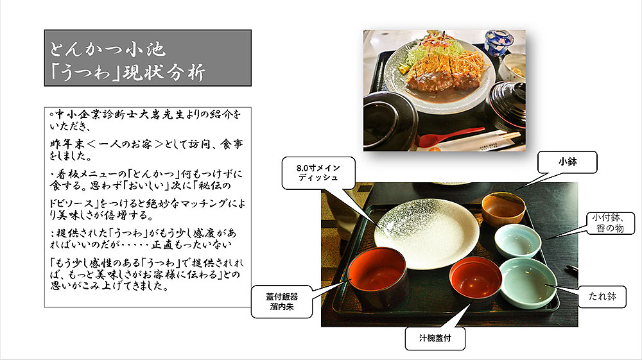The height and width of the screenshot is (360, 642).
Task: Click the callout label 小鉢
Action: (567, 162)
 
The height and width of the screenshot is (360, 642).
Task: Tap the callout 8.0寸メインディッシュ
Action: (318, 173)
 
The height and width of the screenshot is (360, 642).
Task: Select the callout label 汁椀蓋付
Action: (435, 338)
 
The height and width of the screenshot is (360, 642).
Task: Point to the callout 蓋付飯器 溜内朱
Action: (282, 302)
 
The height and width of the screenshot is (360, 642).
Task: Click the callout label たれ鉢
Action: (602, 296)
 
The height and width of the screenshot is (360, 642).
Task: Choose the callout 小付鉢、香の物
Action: (610, 223)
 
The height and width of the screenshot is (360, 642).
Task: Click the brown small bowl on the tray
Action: (503, 209)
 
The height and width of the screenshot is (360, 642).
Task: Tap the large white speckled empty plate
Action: (427, 234)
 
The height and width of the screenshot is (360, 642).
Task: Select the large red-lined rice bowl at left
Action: (377, 277)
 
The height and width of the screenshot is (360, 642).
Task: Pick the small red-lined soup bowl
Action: (475, 282)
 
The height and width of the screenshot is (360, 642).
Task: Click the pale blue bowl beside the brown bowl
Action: (518, 241)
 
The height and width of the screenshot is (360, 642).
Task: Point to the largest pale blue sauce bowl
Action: (528, 283)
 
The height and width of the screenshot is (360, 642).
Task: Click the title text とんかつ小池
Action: (108, 49)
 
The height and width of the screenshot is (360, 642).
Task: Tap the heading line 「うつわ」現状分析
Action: (127, 72)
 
